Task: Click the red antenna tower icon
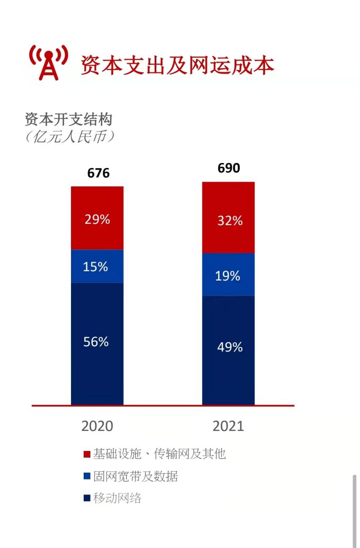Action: click(49, 63)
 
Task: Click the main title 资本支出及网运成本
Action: click(177, 65)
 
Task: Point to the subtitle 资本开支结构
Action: click(68, 120)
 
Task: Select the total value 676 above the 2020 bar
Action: click(98, 173)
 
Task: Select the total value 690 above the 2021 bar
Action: click(229, 168)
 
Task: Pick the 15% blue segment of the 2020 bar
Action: click(97, 266)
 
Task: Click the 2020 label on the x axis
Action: click(97, 426)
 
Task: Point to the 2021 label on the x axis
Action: click(228, 426)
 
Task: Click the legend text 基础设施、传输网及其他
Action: click(159, 454)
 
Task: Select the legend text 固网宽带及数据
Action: click(135, 477)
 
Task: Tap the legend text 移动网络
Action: click(117, 498)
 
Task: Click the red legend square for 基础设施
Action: click(87, 455)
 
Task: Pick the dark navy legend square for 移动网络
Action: click(87, 499)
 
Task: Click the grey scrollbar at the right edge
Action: click(354, 511)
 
